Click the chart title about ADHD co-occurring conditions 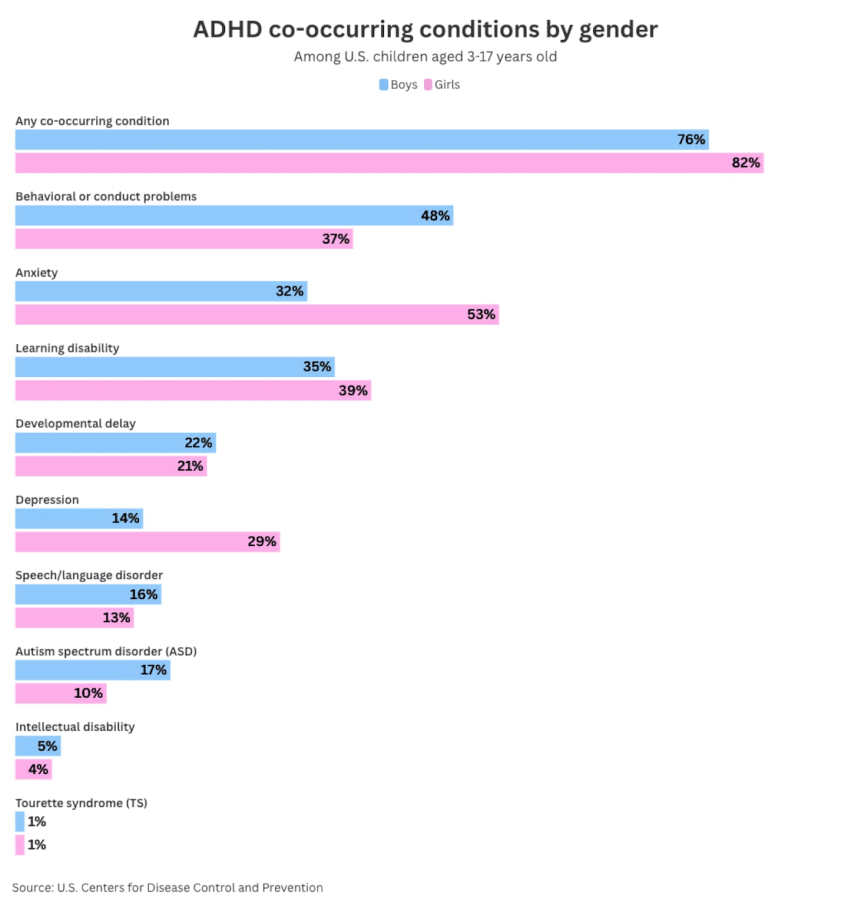coord(425,29)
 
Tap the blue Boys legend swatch coord(384,85)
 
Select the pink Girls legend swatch coord(428,85)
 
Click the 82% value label coord(746,163)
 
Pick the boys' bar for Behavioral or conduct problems coord(234,216)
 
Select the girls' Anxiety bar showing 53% coord(257,315)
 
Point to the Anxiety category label coord(37,273)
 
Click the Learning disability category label coord(67,348)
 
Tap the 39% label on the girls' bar coord(353,391)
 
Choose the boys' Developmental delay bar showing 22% coord(115,443)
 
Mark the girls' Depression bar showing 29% coord(147,542)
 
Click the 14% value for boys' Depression coord(125,518)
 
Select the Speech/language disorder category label coord(89,575)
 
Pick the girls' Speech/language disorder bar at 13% coord(74,618)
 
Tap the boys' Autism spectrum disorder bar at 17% coord(92,670)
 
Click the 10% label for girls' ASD coord(88,693)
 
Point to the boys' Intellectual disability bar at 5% coord(38,746)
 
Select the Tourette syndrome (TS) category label coord(81,803)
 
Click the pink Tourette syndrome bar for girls coord(20,845)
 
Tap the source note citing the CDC coord(167,888)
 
